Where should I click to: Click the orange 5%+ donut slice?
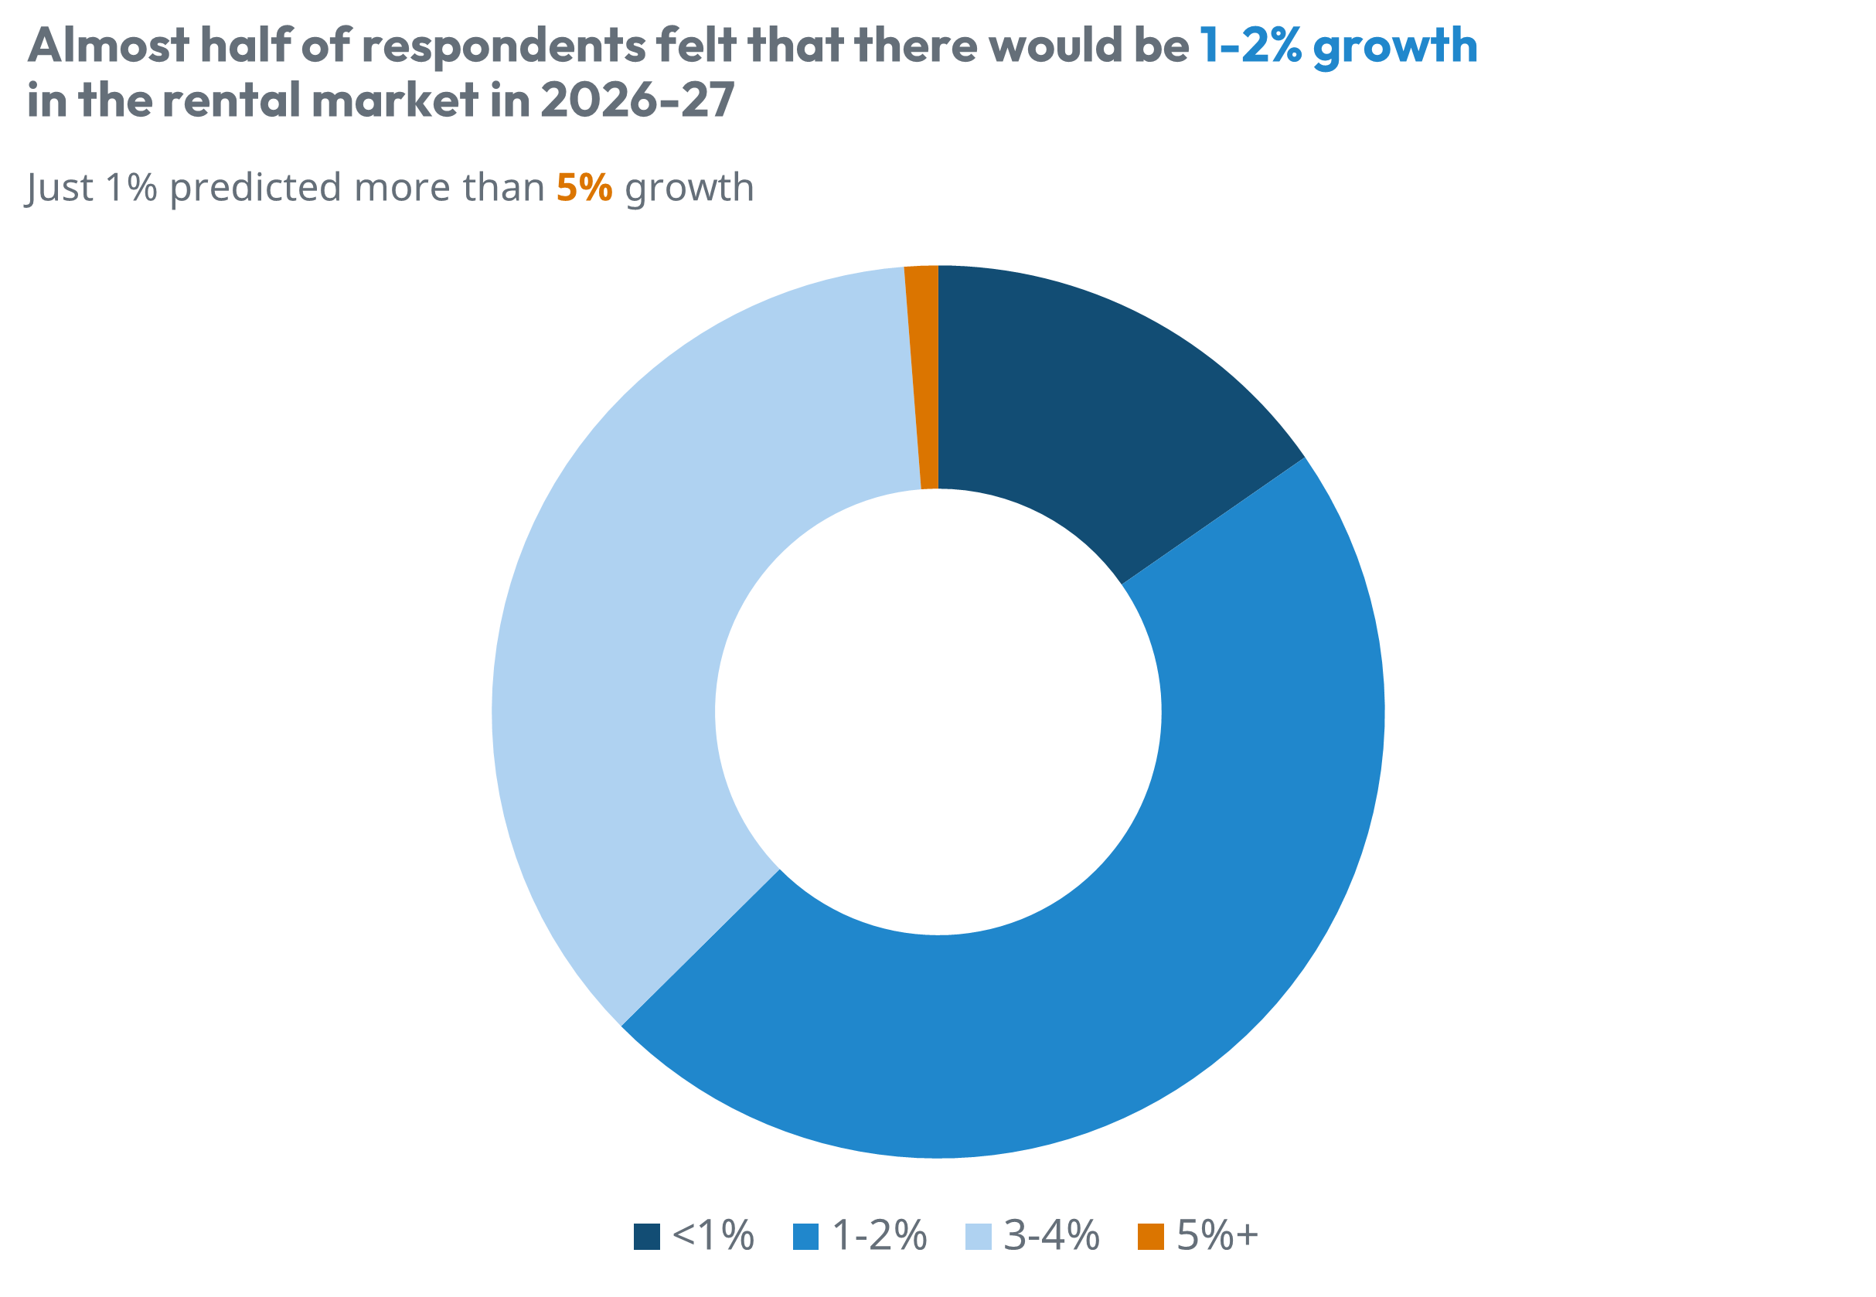click(x=924, y=378)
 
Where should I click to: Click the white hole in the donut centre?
click(x=938, y=712)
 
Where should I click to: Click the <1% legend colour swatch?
click(x=647, y=1236)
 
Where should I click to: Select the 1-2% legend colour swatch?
click(x=805, y=1236)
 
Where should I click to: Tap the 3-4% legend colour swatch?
click(x=979, y=1236)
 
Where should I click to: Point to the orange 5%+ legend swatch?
click(x=1150, y=1236)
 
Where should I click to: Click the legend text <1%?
click(x=713, y=1236)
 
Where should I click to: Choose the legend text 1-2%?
click(x=879, y=1236)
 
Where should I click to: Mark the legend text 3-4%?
click(x=1051, y=1236)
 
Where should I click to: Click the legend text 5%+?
click(x=1217, y=1236)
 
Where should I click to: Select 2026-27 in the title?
click(x=637, y=100)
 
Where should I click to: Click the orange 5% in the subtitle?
click(x=584, y=188)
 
